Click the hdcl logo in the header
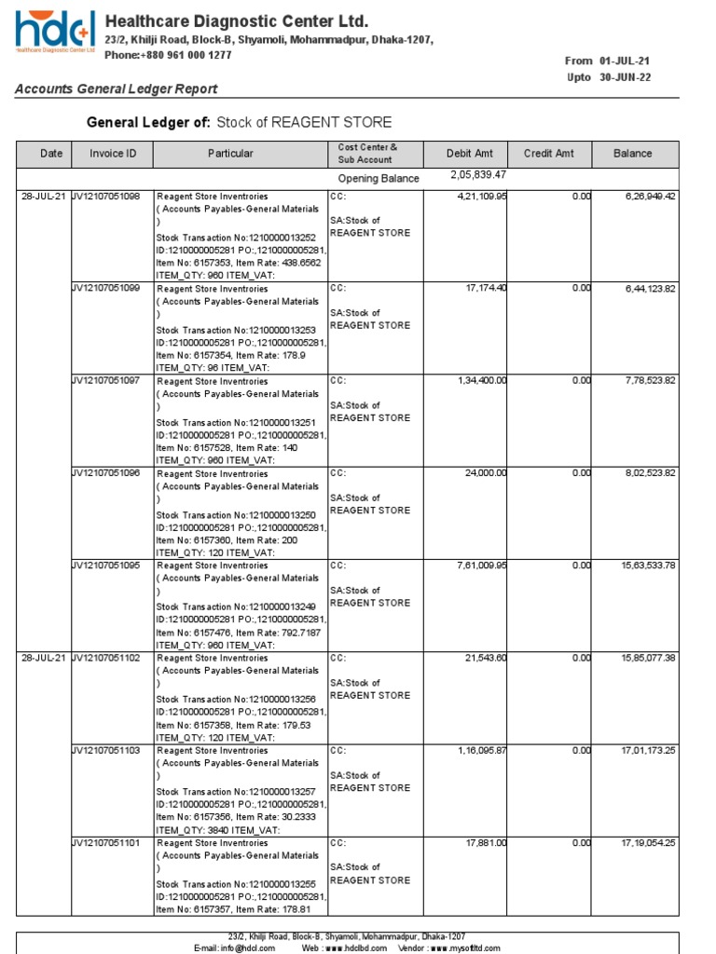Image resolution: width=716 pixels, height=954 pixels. (53, 34)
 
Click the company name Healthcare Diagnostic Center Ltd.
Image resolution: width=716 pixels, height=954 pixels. (236, 21)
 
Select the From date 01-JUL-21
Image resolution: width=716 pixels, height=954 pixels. (625, 61)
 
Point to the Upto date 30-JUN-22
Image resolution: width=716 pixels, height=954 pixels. (625, 77)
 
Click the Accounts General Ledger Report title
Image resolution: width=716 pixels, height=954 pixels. (116, 89)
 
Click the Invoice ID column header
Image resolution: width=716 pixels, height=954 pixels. (113, 154)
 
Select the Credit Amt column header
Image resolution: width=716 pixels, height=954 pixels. (548, 154)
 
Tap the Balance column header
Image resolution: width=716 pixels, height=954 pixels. (633, 154)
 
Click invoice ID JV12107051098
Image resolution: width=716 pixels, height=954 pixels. (106, 197)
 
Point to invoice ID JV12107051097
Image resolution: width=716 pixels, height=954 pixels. (106, 381)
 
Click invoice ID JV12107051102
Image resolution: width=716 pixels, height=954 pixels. (106, 658)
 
